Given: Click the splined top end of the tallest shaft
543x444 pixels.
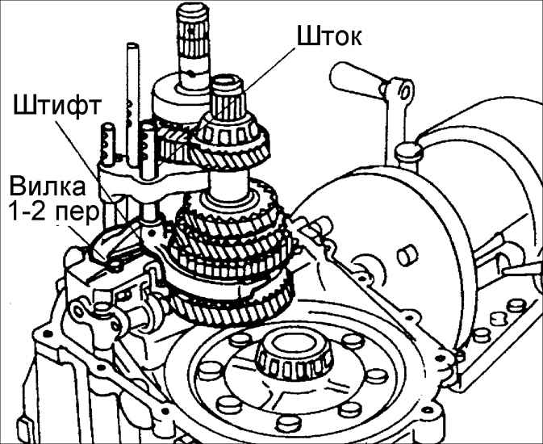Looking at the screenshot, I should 190,20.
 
